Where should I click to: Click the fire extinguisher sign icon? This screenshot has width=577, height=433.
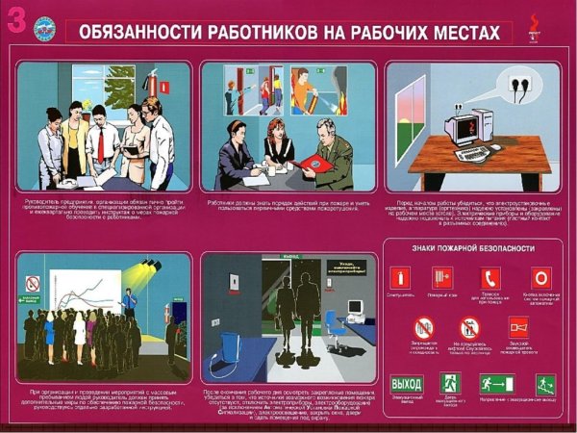pyautogui.click(x=399, y=279)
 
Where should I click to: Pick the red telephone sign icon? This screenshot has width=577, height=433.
pyautogui.click(x=491, y=279)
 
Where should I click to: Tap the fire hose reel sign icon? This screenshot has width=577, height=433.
pyautogui.click(x=442, y=279)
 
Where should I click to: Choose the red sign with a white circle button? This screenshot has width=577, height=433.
pyautogui.click(x=540, y=279)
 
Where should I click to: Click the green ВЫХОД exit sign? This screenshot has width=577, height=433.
pyautogui.click(x=406, y=384)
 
